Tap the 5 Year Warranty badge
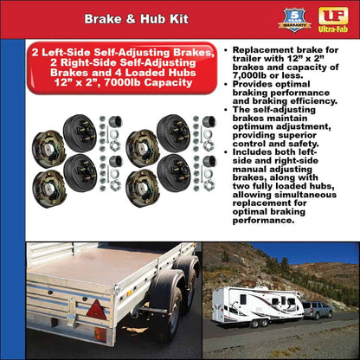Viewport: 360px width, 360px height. [x=294, y=19]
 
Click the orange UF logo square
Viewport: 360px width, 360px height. [x=332, y=15]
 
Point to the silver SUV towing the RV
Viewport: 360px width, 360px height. [x=317, y=309]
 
